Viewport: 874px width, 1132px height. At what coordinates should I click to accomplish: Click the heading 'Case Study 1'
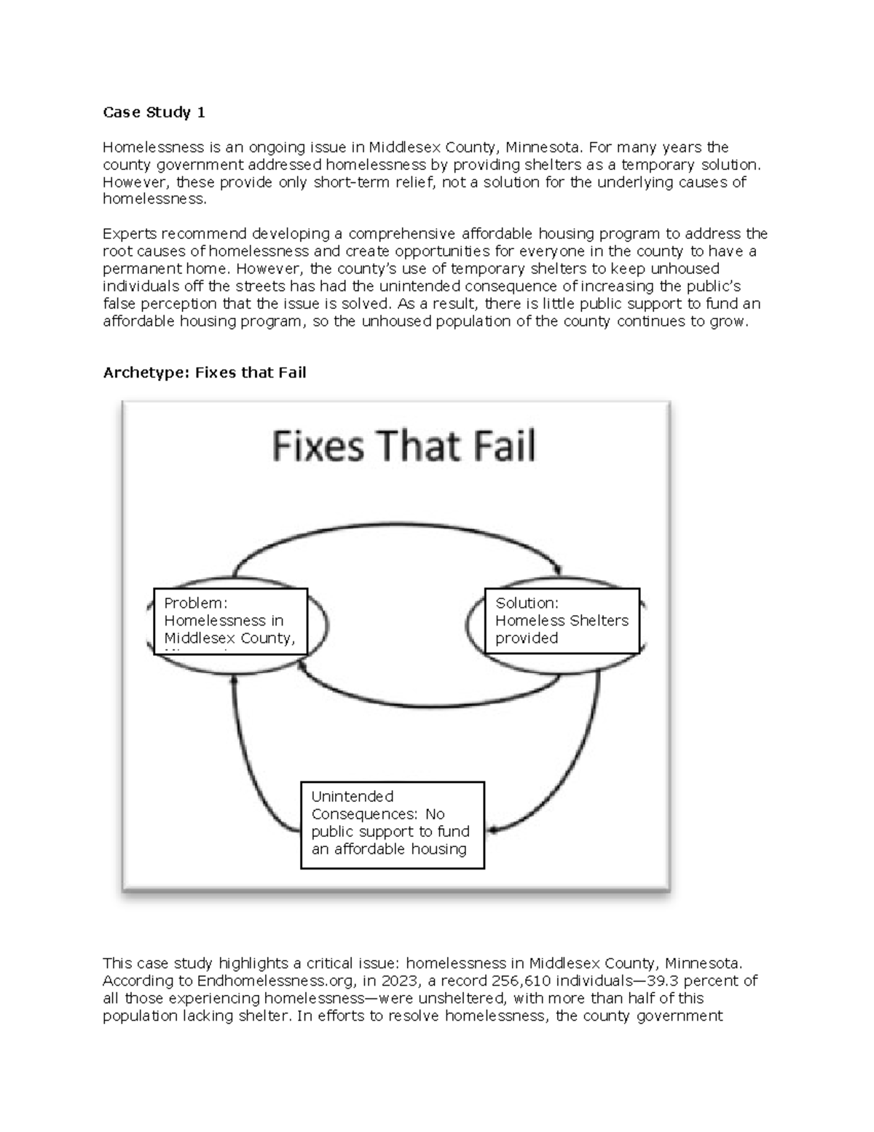pyautogui.click(x=154, y=112)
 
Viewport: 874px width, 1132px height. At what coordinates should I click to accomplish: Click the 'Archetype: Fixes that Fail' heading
pyautogui.click(x=204, y=372)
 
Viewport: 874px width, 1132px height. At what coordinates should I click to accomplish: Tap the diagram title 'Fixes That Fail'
pyautogui.click(x=403, y=445)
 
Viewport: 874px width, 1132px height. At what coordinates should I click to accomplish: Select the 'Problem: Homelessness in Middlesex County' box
pyautogui.click(x=230, y=621)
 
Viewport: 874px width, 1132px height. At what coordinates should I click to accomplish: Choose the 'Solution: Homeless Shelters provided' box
pyautogui.click(x=562, y=620)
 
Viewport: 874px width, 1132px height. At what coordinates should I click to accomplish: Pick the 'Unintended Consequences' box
pyautogui.click(x=392, y=824)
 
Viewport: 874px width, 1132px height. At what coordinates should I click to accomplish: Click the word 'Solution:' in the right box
pyautogui.click(x=527, y=603)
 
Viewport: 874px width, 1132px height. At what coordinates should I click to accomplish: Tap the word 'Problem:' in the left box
pyautogui.click(x=195, y=603)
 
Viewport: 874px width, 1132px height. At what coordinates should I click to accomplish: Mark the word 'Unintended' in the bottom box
pyautogui.click(x=352, y=796)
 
